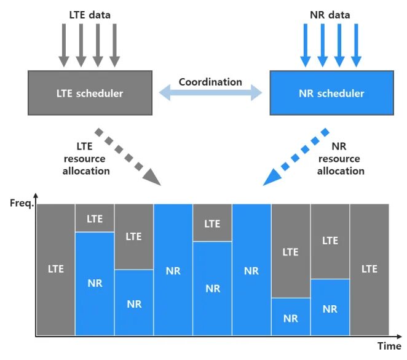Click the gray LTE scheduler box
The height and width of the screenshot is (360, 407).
(x=90, y=94)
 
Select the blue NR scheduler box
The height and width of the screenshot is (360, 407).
(x=331, y=94)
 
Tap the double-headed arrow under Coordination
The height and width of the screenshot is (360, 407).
(x=210, y=94)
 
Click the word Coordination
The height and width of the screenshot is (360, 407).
(x=210, y=82)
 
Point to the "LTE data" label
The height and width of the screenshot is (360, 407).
(x=89, y=14)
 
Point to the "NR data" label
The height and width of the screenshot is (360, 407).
(x=330, y=14)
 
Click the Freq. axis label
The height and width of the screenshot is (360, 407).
(x=20, y=202)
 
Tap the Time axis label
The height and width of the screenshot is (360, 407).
(x=389, y=346)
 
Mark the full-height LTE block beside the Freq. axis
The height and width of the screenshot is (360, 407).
(x=55, y=270)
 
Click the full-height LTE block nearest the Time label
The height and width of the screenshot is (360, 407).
(x=369, y=270)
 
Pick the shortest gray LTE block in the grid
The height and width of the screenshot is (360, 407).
(x=95, y=218)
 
